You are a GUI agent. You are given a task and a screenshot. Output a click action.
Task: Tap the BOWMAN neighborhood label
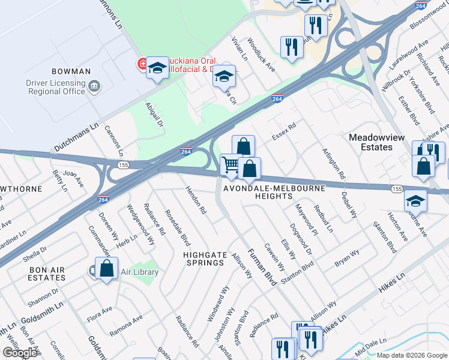(x=71, y=71)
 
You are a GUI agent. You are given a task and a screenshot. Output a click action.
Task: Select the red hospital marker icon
(x=143, y=63)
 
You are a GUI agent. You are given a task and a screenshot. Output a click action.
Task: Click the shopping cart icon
(x=231, y=164)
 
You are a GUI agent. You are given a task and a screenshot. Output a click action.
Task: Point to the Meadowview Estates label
(x=379, y=142)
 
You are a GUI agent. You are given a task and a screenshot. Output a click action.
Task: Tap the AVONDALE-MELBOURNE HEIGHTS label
(x=274, y=193)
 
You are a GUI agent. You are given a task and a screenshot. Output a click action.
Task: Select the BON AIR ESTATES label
(x=47, y=274)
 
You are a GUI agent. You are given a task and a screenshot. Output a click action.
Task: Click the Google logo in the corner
(x=20, y=353)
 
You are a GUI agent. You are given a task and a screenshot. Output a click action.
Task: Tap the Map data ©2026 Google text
(x=412, y=355)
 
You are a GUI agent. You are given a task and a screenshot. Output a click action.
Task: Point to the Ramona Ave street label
(x=125, y=325)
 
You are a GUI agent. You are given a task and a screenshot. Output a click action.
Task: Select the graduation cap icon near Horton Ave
(x=415, y=202)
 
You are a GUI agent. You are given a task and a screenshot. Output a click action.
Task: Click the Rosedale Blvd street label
(x=178, y=228)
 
